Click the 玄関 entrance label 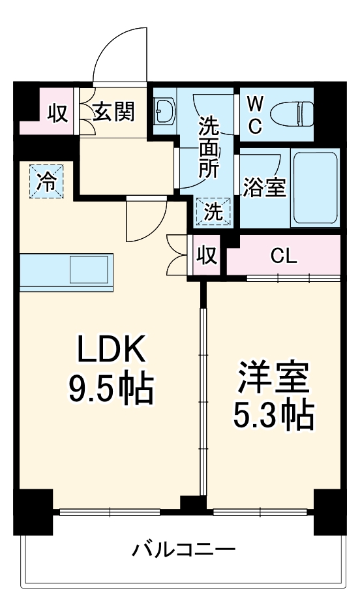tap(113, 112)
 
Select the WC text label tap(255, 114)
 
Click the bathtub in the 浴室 tap(314, 187)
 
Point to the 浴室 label tap(264, 187)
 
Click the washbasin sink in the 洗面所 tap(164, 113)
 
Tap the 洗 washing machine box tap(214, 211)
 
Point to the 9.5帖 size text tap(110, 390)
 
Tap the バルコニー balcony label tap(183, 549)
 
